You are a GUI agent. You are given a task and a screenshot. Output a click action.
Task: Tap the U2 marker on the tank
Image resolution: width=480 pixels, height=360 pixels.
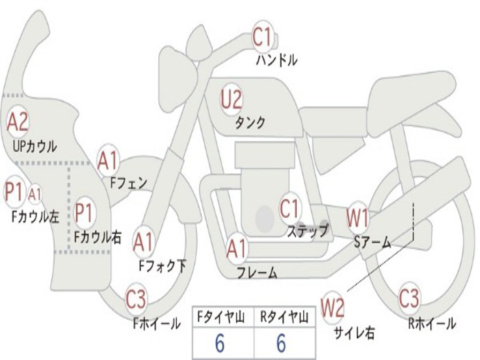232,100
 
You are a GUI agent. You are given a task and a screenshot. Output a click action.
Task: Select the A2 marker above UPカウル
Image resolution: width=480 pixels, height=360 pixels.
18,122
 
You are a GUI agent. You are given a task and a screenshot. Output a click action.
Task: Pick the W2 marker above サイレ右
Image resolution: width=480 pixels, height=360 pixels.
333,308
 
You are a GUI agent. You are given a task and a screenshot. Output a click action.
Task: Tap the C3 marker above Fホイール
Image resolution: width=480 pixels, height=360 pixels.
136,299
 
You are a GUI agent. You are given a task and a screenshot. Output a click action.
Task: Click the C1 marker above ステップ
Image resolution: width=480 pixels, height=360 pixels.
290,209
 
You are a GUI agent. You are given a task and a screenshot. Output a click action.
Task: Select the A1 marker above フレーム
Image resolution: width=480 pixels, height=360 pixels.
237,249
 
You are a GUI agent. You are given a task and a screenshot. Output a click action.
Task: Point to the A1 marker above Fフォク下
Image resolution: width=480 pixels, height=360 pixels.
143,242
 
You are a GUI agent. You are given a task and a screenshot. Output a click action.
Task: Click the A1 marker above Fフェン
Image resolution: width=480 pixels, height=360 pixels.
108,161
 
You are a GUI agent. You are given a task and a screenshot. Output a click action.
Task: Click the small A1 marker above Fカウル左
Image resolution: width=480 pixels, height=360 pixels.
35,194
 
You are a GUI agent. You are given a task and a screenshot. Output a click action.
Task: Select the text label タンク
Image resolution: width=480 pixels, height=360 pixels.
250,123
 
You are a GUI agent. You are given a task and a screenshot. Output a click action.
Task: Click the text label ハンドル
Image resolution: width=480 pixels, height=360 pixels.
277,60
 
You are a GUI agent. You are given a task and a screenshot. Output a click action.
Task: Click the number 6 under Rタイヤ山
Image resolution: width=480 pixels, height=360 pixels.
281,344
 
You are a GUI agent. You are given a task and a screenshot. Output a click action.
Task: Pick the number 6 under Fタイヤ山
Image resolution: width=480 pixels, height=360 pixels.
219,344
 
